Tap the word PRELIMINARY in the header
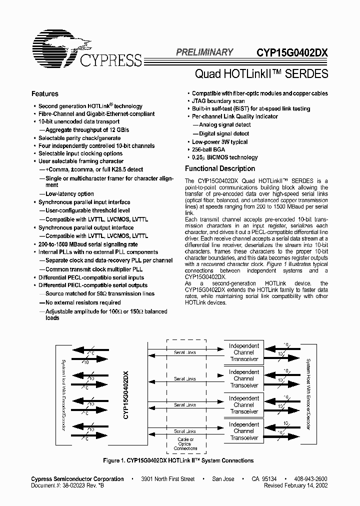tap(204, 52)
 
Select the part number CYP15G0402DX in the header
tap(292, 52)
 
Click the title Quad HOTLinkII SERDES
tap(261, 73)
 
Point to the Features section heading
tap(45, 94)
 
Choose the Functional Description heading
tap(220, 169)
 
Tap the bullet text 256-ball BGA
tap(208, 149)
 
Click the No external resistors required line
tap(83, 302)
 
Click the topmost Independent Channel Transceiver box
tap(243, 352)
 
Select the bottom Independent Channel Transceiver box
tap(243, 431)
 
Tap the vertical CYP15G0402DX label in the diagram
tap(126, 394)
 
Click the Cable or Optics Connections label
tap(185, 444)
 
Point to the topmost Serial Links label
tap(185, 352)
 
